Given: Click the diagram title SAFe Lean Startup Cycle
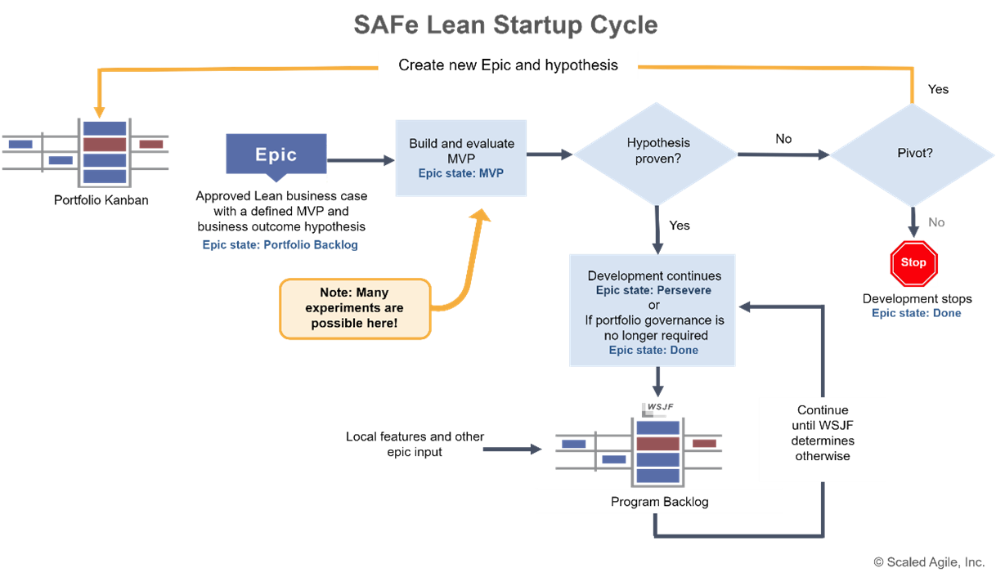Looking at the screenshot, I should [505, 25].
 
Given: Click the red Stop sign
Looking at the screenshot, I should [913, 263].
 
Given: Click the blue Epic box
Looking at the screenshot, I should [276, 154].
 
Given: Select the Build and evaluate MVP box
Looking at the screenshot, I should [460, 157].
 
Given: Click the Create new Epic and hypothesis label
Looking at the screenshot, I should [508, 65].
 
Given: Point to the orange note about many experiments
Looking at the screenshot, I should [354, 309].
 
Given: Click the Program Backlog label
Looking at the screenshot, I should [659, 501].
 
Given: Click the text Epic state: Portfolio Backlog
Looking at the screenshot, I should [280, 244].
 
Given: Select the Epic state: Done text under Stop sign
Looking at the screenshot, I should [916, 313].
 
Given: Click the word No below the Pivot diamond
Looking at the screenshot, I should [936, 222].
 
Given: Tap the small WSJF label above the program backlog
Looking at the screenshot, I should [659, 407].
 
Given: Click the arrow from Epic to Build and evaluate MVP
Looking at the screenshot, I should [361, 161].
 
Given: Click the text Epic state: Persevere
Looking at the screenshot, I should [653, 290].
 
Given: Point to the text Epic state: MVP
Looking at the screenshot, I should [460, 173].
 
